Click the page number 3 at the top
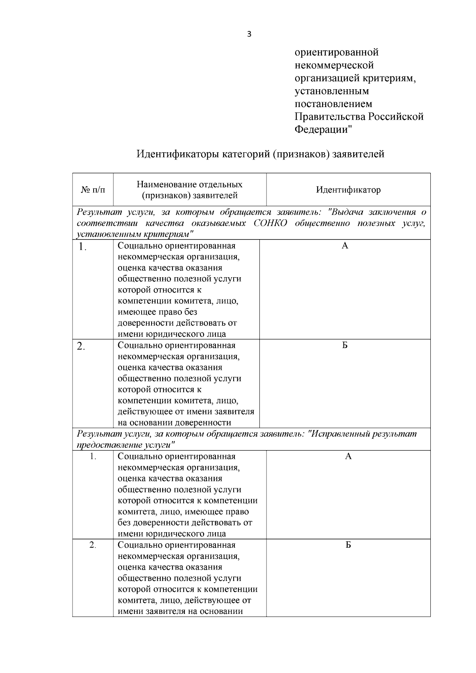tap(249, 34)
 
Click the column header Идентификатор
tap(348, 190)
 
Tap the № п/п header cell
tap(93, 190)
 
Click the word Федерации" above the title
tap(323, 129)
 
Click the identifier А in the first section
tap(345, 246)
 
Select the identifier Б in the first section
tap(345, 345)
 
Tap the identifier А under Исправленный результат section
tap(348, 456)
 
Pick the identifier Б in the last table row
tap(348, 545)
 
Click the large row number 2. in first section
tap(81, 346)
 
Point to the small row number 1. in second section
tap(93, 456)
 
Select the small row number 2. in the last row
tap(93, 545)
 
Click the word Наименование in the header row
tap(163, 184)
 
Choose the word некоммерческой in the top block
tap(334, 65)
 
